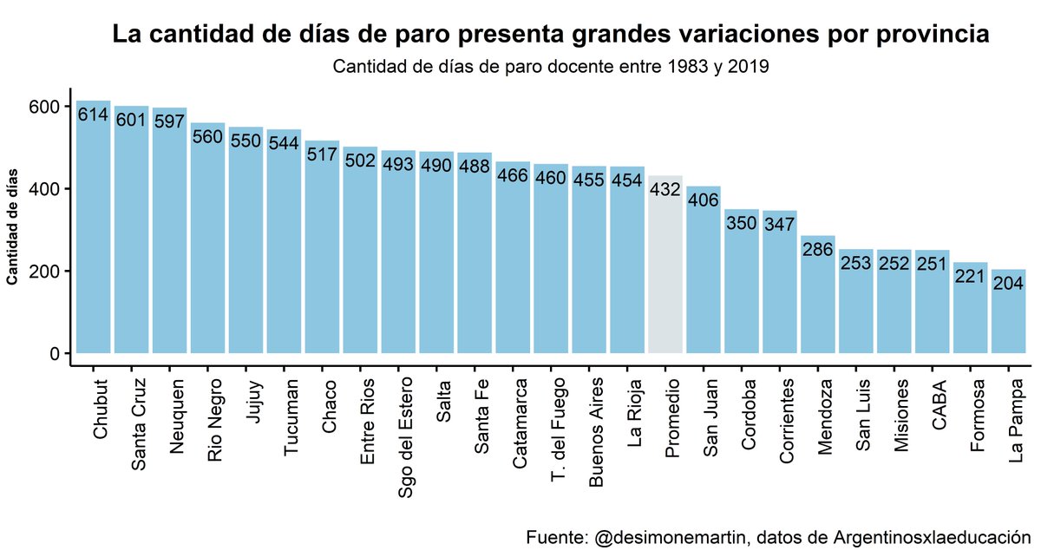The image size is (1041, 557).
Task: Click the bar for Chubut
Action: point(93,234)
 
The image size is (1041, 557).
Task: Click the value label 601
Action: point(131,121)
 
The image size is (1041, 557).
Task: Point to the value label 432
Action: point(665,190)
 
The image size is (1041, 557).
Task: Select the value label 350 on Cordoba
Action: point(742,224)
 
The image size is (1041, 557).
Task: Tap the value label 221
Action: point(971,277)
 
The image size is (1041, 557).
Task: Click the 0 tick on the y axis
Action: point(55,354)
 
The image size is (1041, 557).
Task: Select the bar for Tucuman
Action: point(284,243)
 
